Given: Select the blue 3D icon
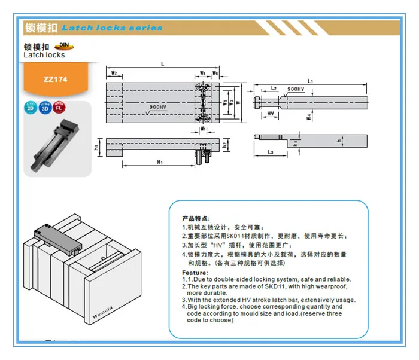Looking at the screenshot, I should [x=45, y=108].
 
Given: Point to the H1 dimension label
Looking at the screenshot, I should [x=160, y=163].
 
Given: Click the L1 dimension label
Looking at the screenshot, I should [x=309, y=80].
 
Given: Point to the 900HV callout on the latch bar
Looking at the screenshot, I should [x=295, y=89].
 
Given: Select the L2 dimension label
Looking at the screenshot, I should [x=273, y=88].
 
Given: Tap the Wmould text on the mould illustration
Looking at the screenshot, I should [x=105, y=304].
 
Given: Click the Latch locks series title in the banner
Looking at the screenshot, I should [x=112, y=28].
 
